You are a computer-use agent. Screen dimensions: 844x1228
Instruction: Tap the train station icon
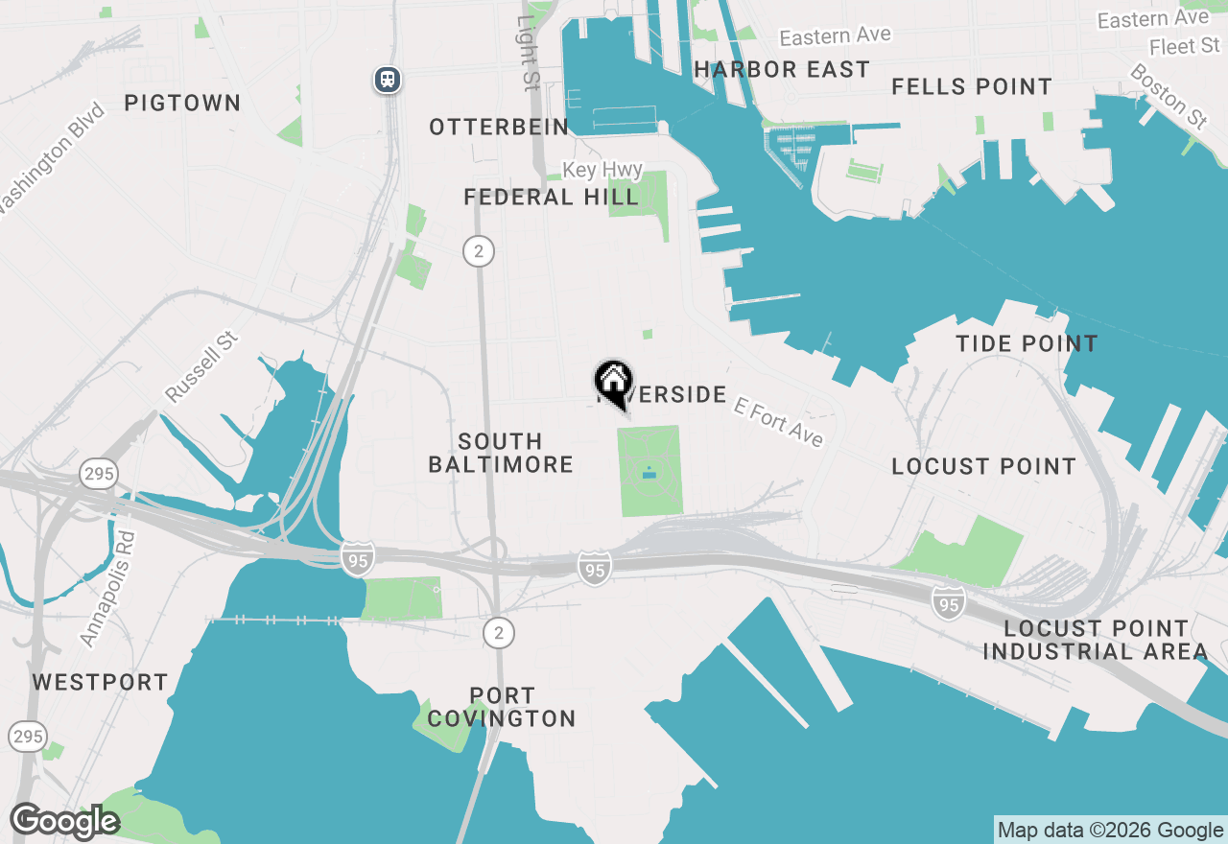pyautogui.click(x=388, y=79)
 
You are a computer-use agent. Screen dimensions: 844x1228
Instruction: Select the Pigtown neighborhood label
pyautogui.click(x=182, y=103)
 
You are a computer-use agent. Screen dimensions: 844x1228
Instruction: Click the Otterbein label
pyautogui.click(x=499, y=127)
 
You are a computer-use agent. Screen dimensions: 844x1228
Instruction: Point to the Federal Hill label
pyautogui.click(x=551, y=198)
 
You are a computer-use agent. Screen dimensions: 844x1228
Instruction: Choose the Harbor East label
pyautogui.click(x=782, y=69)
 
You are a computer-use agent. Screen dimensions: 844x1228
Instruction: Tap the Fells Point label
pyautogui.click(x=972, y=86)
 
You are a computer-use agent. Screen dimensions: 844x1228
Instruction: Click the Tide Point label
pyautogui.click(x=1027, y=343)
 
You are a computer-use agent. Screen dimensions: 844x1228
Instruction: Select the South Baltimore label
pyautogui.click(x=500, y=453)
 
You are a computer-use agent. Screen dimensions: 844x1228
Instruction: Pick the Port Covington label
pyautogui.click(x=502, y=707)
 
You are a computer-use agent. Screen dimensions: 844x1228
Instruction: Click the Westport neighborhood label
pyautogui.click(x=100, y=682)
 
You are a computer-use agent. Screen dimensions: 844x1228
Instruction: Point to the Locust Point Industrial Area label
pyautogui.click(x=1096, y=640)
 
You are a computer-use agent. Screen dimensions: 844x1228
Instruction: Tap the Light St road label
pyautogui.click(x=528, y=53)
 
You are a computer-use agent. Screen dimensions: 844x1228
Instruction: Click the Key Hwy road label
pyautogui.click(x=602, y=170)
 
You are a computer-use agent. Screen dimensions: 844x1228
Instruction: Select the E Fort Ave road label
pyautogui.click(x=778, y=421)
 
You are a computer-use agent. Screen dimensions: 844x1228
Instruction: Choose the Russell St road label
pyautogui.click(x=201, y=368)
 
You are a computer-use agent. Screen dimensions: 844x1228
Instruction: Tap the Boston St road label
pyautogui.click(x=1169, y=97)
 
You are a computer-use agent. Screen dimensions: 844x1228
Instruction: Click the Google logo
pyautogui.click(x=64, y=822)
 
